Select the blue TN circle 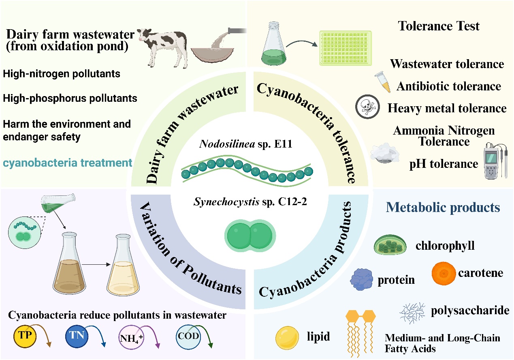pyautogui.click(x=77, y=336)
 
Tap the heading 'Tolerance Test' pyautogui.click(x=439, y=26)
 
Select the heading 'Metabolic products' pyautogui.click(x=443, y=208)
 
